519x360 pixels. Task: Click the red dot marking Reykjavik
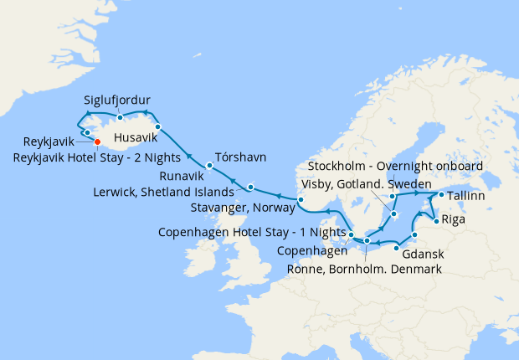(x=97, y=141)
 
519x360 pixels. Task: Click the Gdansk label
(x=423, y=254)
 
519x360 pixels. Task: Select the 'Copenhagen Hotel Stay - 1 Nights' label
(x=252, y=232)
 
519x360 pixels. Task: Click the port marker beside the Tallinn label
(x=441, y=195)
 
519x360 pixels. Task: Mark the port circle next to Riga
(x=435, y=222)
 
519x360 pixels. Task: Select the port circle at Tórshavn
(x=209, y=166)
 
